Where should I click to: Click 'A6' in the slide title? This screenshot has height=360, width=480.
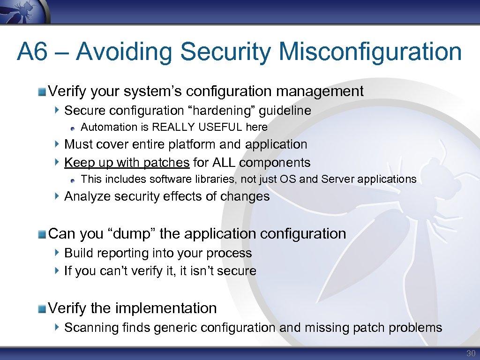(x=32, y=52)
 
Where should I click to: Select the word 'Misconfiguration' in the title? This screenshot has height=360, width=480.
(x=370, y=52)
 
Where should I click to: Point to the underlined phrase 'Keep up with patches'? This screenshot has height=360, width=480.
(x=127, y=163)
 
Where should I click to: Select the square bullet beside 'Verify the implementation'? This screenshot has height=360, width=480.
(x=43, y=308)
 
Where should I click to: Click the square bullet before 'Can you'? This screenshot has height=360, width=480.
(x=43, y=233)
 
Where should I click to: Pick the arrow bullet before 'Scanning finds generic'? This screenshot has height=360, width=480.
(x=57, y=327)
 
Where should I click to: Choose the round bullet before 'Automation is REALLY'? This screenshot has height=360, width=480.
(x=74, y=127)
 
